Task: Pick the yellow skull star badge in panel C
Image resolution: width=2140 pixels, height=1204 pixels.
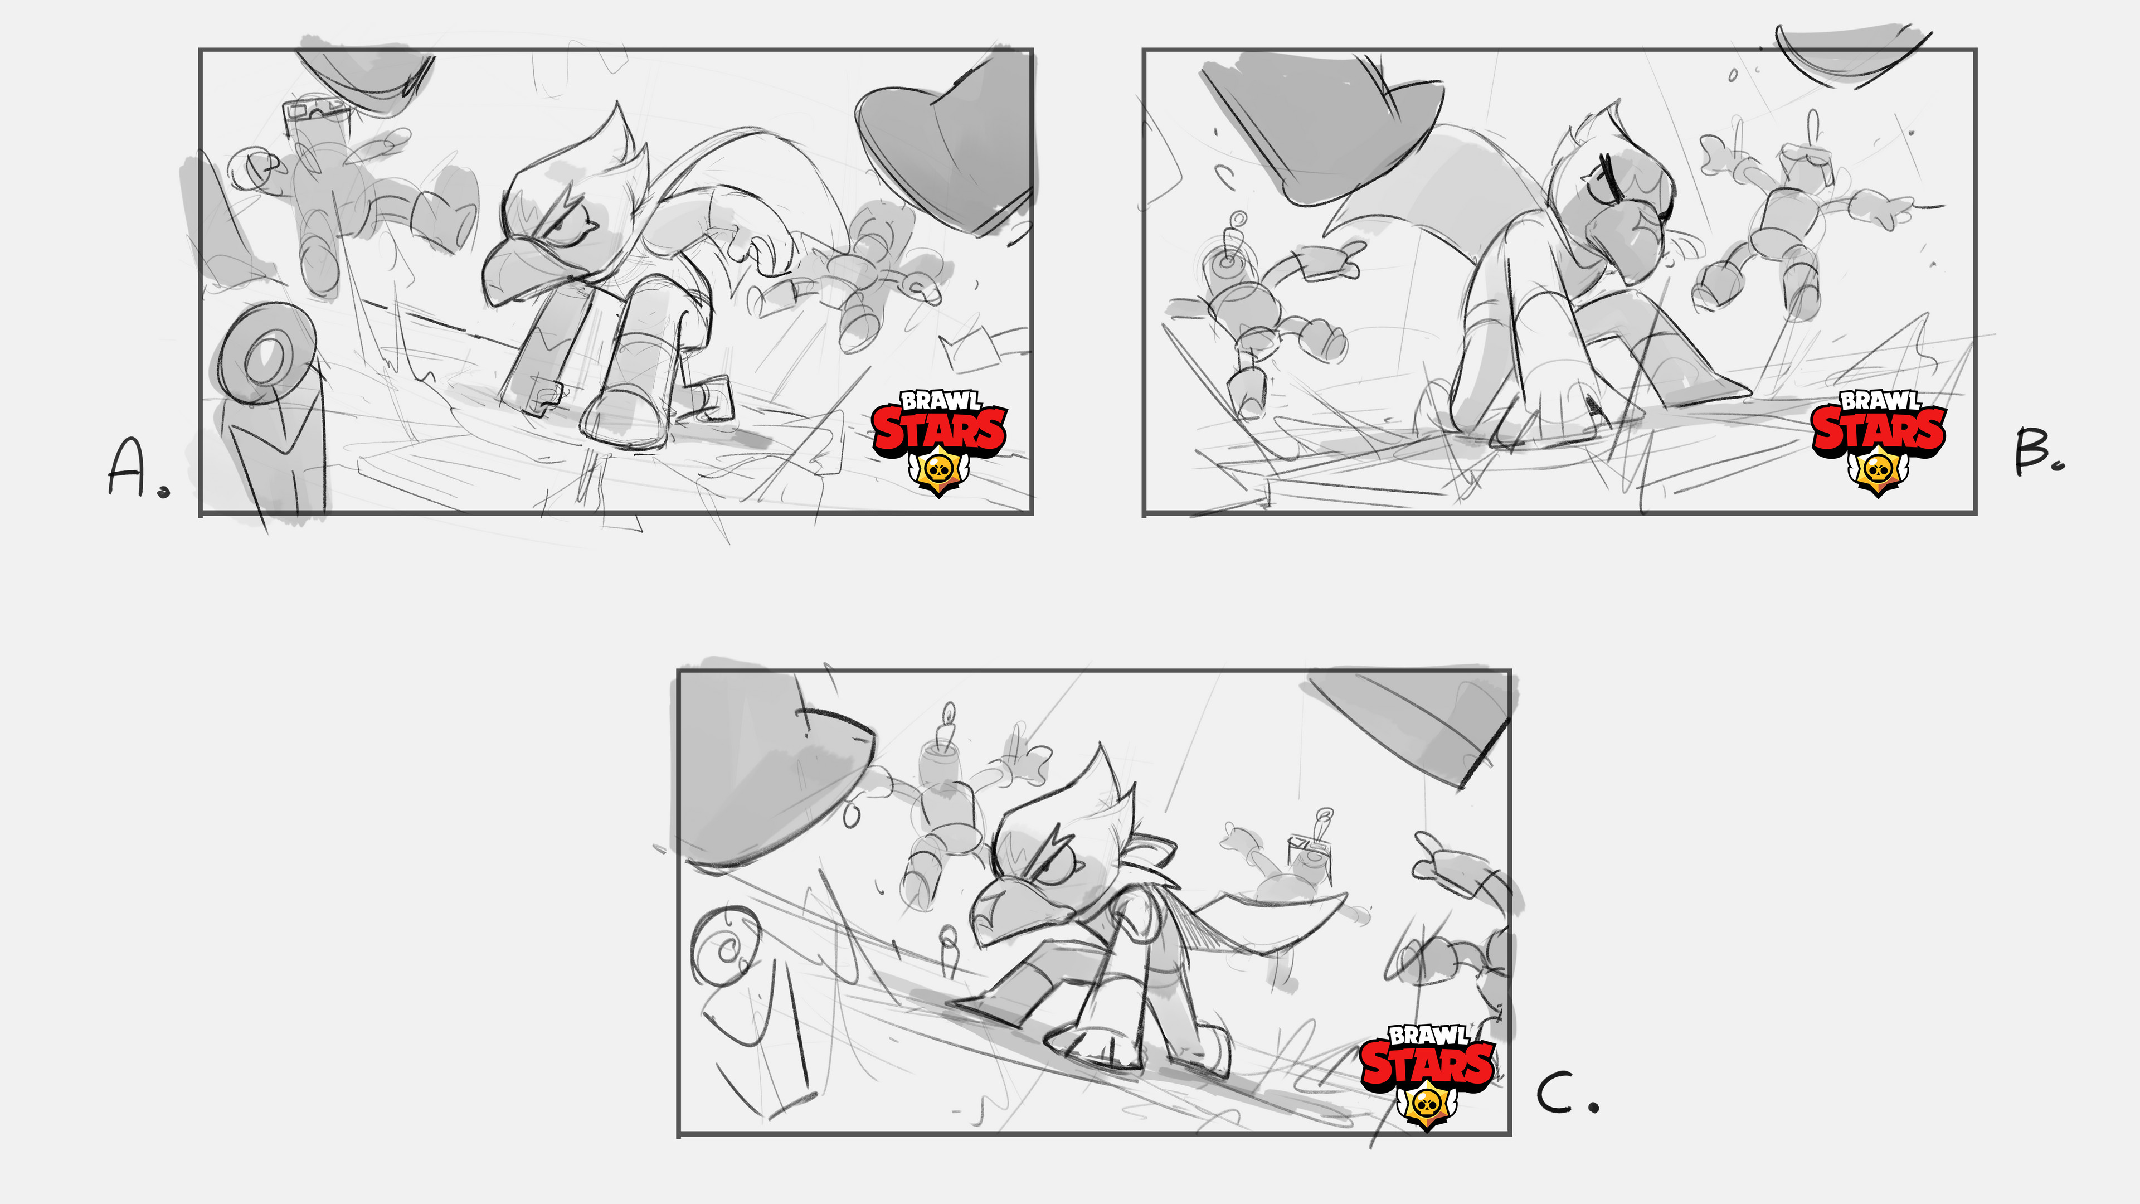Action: coord(1427,1106)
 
